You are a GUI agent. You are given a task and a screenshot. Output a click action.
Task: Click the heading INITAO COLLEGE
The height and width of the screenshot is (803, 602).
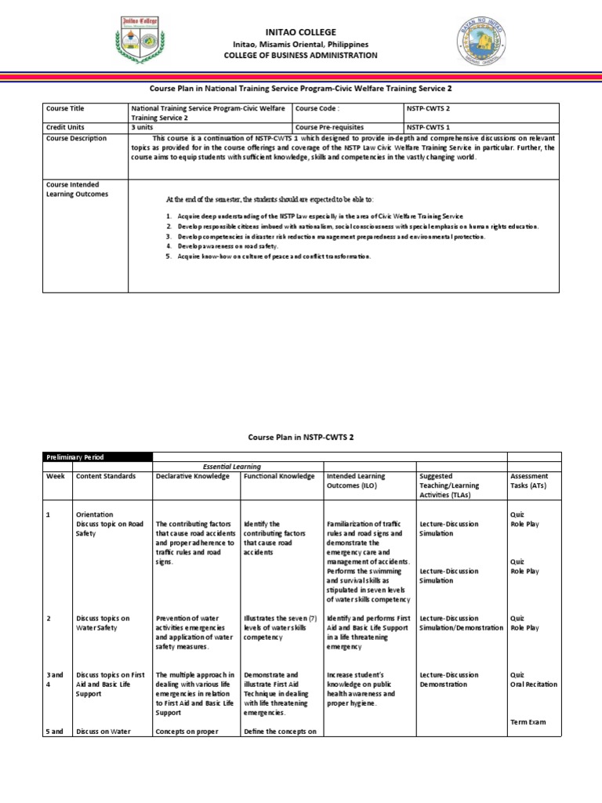point(300,32)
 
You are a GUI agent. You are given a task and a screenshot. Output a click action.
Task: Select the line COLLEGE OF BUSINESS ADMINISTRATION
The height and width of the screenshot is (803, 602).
point(300,56)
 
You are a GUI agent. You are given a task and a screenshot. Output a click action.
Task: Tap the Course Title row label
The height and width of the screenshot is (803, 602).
point(65,109)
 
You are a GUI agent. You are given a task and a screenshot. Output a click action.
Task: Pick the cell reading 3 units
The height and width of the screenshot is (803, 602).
point(144,127)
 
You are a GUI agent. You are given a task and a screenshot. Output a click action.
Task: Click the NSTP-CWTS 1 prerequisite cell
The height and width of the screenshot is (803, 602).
point(429,127)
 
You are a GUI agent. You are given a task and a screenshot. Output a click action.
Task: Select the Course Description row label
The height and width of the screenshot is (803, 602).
point(77,138)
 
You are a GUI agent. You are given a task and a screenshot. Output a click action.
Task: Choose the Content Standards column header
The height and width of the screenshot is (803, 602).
point(106,476)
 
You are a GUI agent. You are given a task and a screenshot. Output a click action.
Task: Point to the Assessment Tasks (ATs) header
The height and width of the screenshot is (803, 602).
point(529,481)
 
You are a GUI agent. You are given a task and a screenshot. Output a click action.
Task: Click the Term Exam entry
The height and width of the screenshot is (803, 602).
point(528,722)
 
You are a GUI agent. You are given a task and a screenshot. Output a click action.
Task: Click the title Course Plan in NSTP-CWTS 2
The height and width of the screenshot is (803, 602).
point(300,436)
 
